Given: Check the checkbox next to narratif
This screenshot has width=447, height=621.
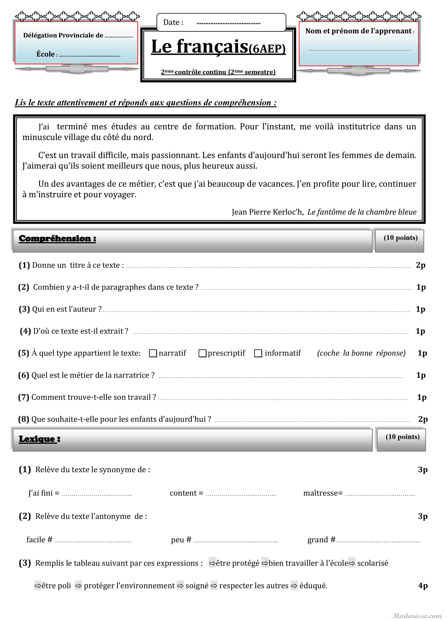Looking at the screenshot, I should [x=153, y=353].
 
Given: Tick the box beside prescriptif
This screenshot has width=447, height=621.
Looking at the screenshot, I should [x=202, y=353].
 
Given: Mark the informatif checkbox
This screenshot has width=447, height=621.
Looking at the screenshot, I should [x=258, y=353].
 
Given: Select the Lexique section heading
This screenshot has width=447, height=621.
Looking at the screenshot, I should [x=39, y=439].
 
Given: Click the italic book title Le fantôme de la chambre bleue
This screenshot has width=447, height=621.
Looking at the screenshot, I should [x=362, y=212].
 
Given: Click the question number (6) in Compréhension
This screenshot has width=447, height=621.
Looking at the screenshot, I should [x=24, y=375].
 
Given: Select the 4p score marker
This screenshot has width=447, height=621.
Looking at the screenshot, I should [x=423, y=586].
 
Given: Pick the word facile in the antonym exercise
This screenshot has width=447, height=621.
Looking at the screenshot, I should [x=36, y=540].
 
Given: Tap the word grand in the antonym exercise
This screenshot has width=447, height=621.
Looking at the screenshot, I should [x=318, y=540].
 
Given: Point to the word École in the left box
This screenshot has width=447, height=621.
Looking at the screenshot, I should [x=45, y=54].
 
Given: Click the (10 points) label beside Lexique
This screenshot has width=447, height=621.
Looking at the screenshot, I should [x=402, y=437].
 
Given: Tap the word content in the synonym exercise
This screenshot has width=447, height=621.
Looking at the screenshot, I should [x=183, y=493].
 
